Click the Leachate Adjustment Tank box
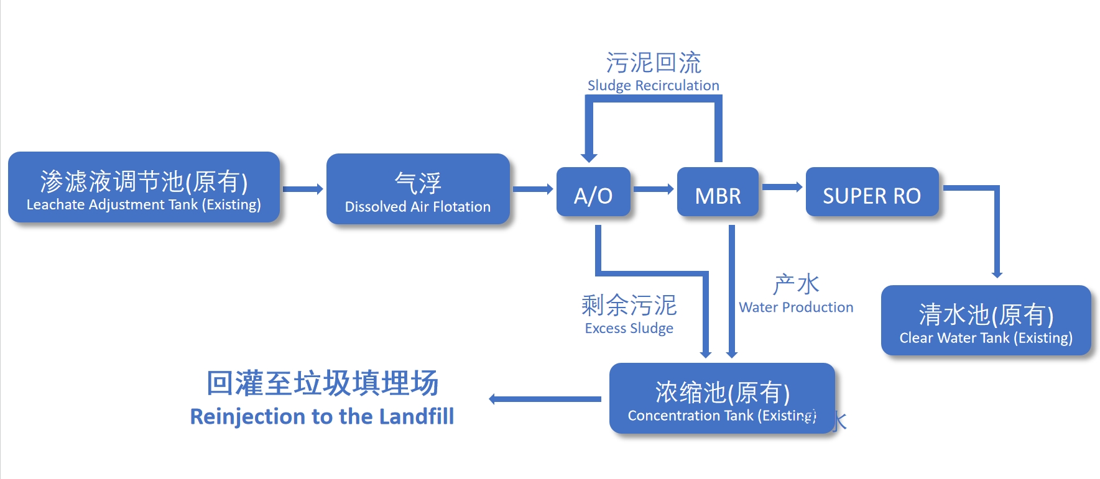click(x=144, y=187)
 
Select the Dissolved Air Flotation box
click(x=418, y=189)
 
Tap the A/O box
click(x=593, y=192)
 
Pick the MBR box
click(x=718, y=192)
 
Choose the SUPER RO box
click(x=872, y=192)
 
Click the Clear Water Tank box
click(x=986, y=321)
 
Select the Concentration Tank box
click(x=721, y=398)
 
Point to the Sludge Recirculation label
click(x=653, y=85)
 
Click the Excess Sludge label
click(x=629, y=328)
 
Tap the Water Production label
click(x=796, y=307)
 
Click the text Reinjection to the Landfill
click(x=322, y=416)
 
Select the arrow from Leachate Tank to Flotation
click(x=303, y=189)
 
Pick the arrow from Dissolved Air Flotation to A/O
click(x=533, y=189)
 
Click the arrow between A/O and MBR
click(x=654, y=189)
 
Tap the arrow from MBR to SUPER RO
click(x=782, y=187)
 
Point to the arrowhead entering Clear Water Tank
click(x=997, y=274)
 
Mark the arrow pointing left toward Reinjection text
click(x=545, y=399)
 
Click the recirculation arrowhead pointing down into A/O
click(x=589, y=158)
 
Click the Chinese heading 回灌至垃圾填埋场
click(x=322, y=383)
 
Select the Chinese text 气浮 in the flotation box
click(x=418, y=183)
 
